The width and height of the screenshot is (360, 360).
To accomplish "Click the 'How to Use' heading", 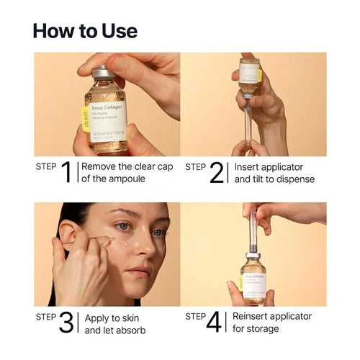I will click(x=85, y=31).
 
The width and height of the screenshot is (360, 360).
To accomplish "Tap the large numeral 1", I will click(x=66, y=173).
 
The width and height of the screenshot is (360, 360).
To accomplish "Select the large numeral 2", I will click(x=217, y=173).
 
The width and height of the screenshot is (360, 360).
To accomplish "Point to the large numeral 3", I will click(x=66, y=323).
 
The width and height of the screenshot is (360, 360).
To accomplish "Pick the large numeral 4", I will click(x=215, y=323).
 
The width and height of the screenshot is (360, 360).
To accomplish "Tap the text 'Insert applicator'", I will click(x=269, y=167).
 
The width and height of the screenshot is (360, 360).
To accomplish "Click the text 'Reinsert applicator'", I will click(x=272, y=317).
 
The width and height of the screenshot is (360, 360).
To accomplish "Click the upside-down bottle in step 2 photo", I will click(x=248, y=78).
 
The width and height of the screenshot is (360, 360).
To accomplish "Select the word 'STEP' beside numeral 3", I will click(x=46, y=316).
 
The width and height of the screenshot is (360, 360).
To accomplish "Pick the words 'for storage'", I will click(x=258, y=330).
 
